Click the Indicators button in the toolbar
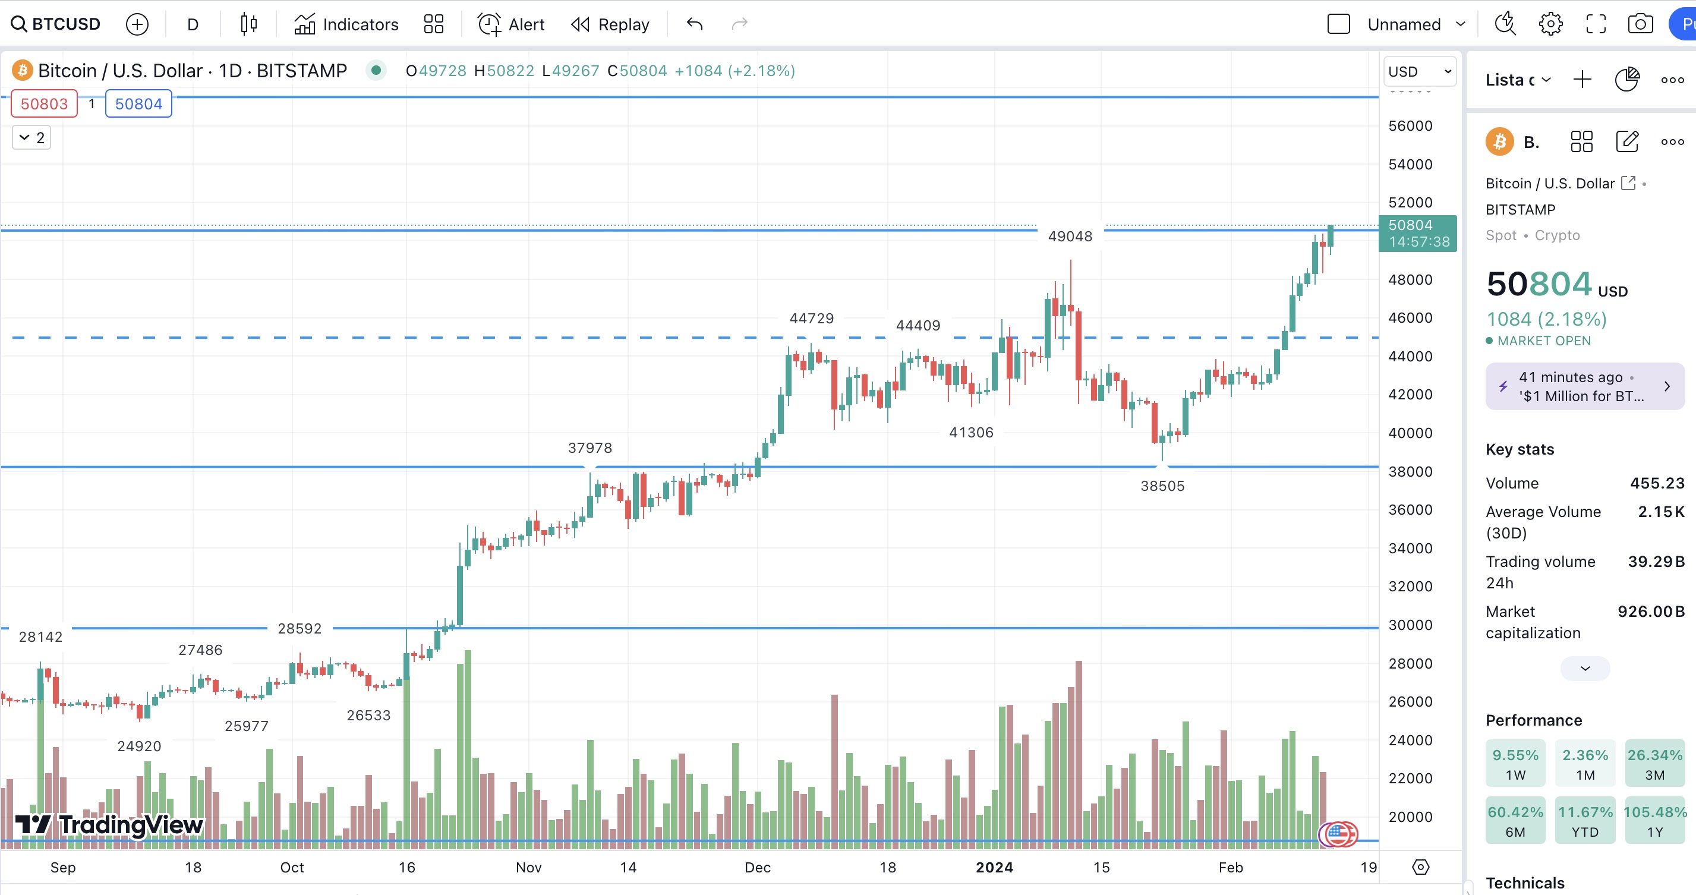346,24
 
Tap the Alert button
511,24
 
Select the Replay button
610,24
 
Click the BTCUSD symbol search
56,24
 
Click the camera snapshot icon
1640,24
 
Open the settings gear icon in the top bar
1550,24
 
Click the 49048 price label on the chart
1070,236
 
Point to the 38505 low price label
1162,486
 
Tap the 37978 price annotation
590,448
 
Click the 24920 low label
139,746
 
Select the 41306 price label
971,432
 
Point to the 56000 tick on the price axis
1410,126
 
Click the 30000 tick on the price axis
1410,625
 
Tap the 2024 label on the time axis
994,866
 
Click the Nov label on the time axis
529,866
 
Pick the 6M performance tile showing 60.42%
1515,821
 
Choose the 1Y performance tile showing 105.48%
1654,821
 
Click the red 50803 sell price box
44,104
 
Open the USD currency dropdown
1419,71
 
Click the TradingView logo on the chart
109,824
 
